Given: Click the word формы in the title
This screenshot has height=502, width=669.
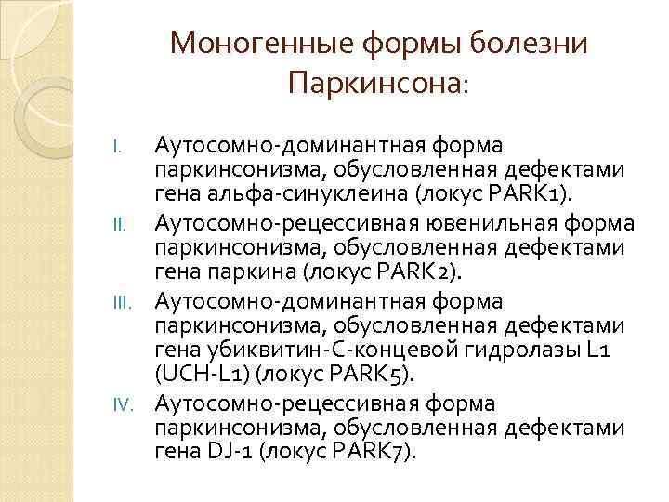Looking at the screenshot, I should coord(405,45).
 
